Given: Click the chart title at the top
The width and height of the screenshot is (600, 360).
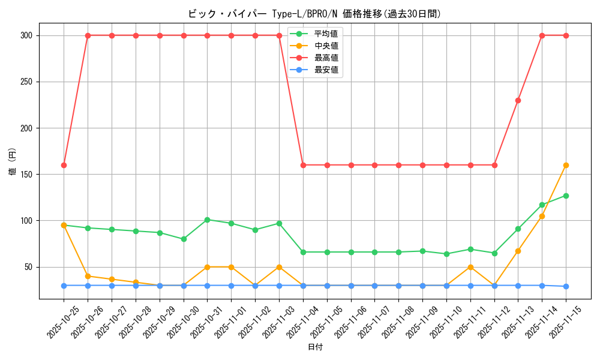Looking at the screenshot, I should click(x=314, y=14).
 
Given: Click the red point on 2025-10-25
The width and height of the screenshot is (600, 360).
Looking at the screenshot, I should click(x=64, y=165).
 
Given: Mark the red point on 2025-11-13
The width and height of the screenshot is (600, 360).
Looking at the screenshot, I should click(x=518, y=100).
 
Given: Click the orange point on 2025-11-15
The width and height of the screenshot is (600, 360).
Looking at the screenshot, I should click(x=566, y=165).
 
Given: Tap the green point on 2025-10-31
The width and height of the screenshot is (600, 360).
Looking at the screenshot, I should click(x=207, y=220).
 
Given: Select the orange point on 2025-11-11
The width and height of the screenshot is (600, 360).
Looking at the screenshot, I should click(x=470, y=267).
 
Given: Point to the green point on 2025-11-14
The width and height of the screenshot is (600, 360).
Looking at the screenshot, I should click(x=542, y=205).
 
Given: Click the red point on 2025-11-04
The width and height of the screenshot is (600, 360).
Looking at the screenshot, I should click(x=303, y=165).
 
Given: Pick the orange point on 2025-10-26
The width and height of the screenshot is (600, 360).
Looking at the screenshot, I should click(x=88, y=276).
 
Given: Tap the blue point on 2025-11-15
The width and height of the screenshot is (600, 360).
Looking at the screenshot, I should click(x=566, y=286).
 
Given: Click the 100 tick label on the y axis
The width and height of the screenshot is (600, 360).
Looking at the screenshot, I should click(x=28, y=221).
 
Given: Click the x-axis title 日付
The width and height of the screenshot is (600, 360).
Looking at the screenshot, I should click(x=315, y=347).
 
